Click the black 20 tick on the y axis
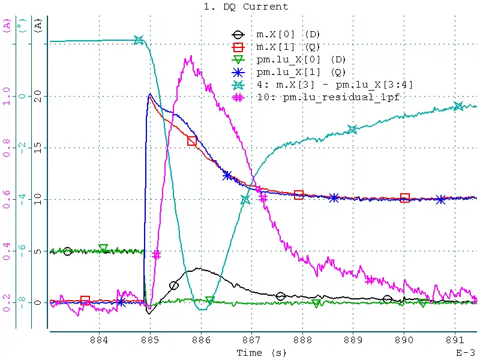(x=40, y=96)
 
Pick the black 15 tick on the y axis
(x=40, y=148)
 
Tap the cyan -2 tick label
(x=23, y=148)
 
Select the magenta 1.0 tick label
(x=7, y=96)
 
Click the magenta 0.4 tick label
(x=7, y=251)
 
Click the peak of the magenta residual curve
(x=191, y=57)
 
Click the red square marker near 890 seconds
(x=405, y=198)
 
